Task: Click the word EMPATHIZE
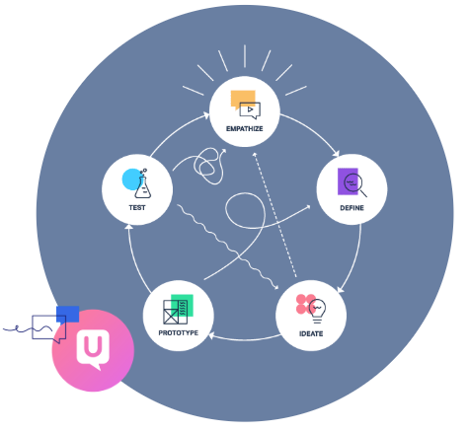(x=245, y=129)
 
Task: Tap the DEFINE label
(x=352, y=208)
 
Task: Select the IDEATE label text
(x=311, y=334)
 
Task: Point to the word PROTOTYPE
(x=179, y=333)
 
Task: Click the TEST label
(x=137, y=208)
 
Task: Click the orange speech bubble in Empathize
(x=243, y=99)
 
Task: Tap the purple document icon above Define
(x=348, y=181)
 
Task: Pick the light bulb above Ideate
(x=317, y=311)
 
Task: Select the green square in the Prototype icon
(x=182, y=305)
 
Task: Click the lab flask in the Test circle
(x=143, y=186)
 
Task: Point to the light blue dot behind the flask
(x=132, y=180)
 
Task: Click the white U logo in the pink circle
(x=93, y=349)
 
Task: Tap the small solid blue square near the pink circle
(x=68, y=315)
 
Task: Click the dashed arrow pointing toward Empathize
(x=274, y=215)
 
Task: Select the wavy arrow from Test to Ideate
(x=227, y=247)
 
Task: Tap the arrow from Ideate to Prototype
(x=245, y=339)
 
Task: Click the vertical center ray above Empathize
(x=245, y=56)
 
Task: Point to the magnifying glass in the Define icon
(x=355, y=184)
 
